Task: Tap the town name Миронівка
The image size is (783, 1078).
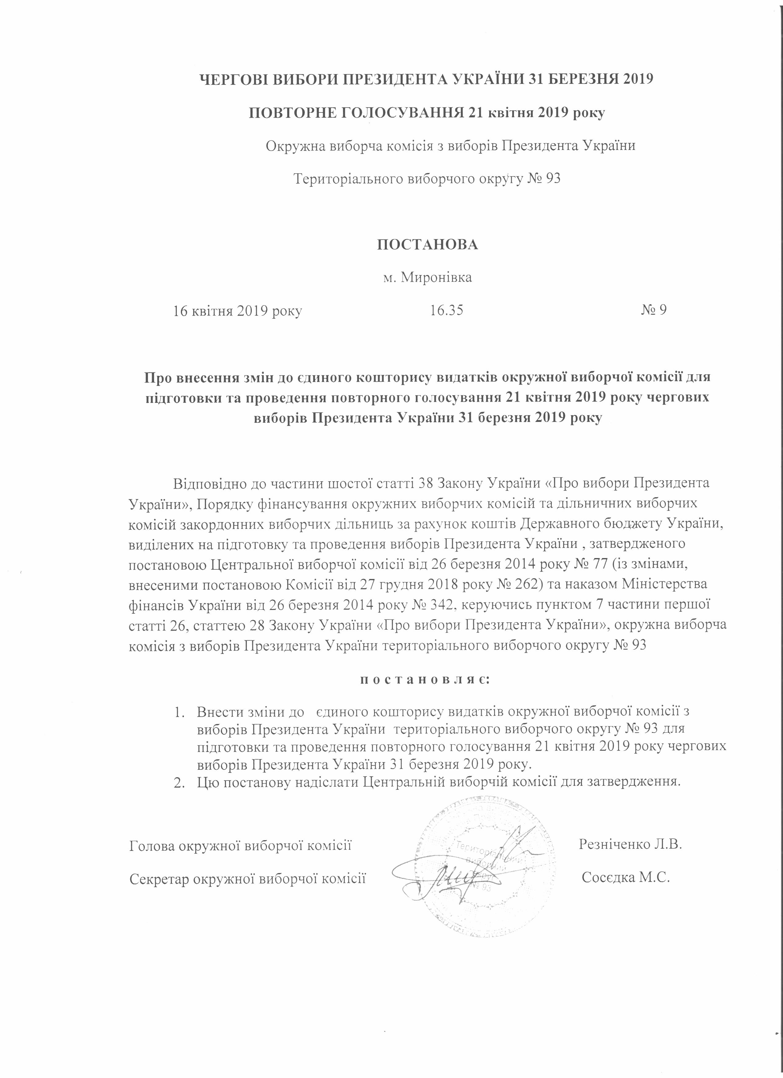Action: point(437,277)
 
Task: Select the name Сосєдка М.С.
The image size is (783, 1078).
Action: point(626,877)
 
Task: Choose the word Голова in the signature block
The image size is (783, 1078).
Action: point(151,845)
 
